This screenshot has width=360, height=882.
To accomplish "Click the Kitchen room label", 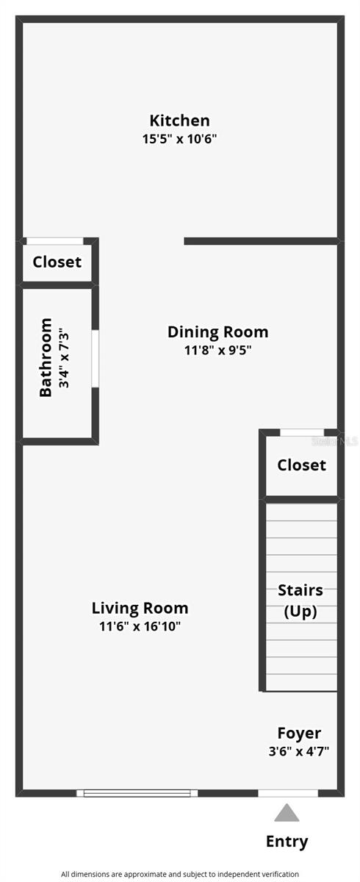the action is point(179,120).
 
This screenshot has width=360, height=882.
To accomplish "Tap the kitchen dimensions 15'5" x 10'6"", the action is point(179,139).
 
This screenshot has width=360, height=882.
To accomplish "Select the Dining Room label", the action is point(218,332).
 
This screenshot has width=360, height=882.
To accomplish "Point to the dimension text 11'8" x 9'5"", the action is point(218,350).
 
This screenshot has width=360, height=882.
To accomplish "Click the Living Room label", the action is point(140,609).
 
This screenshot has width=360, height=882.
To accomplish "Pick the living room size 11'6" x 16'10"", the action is point(140,626).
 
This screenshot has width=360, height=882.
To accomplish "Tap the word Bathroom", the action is point(46,357).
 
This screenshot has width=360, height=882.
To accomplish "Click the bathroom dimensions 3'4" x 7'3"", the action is point(64,359).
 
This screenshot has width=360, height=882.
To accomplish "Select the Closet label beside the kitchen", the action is point(57,262).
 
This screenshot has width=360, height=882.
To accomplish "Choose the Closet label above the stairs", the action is point(302,465).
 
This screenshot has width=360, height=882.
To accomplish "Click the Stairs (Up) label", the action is point(300,601).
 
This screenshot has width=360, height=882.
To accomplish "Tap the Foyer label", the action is point(299,734).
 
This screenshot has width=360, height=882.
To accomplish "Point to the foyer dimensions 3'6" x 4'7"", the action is point(299,751).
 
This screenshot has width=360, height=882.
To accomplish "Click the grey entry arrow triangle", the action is point(287,813).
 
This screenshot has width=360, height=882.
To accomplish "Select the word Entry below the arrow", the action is point(287,842).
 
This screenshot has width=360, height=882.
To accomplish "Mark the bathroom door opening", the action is point(96,359).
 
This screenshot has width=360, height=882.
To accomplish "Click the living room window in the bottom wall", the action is point(137,793).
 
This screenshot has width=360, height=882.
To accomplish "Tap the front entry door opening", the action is point(288,793).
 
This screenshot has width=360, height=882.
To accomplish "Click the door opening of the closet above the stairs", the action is point(302,433).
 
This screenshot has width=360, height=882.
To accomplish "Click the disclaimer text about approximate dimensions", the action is point(180,874).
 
